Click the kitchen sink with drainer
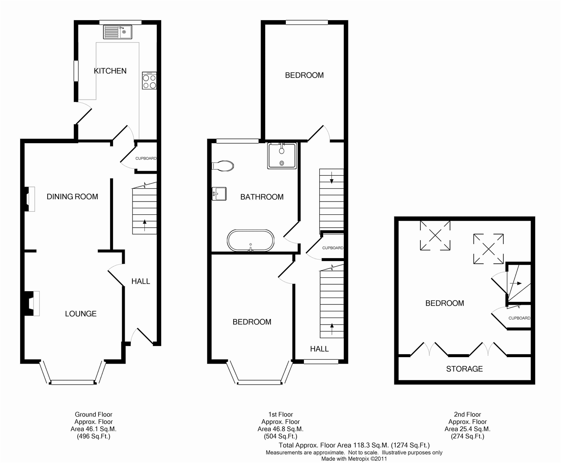(117, 32)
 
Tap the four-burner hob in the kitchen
(150, 81)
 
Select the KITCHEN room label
(110, 71)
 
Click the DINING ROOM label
(72, 197)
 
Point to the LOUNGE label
(81, 313)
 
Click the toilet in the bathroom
(223, 166)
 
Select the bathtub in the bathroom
(251, 241)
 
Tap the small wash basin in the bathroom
(219, 194)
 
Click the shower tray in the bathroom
(282, 156)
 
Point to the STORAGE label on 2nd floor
(464, 369)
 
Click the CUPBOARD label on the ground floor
(146, 158)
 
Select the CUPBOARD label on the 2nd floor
(519, 318)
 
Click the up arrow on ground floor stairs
(145, 225)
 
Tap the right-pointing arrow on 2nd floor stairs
(516, 283)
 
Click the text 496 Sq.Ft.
(93, 436)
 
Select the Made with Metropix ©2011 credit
(354, 459)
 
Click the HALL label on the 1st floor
(319, 349)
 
